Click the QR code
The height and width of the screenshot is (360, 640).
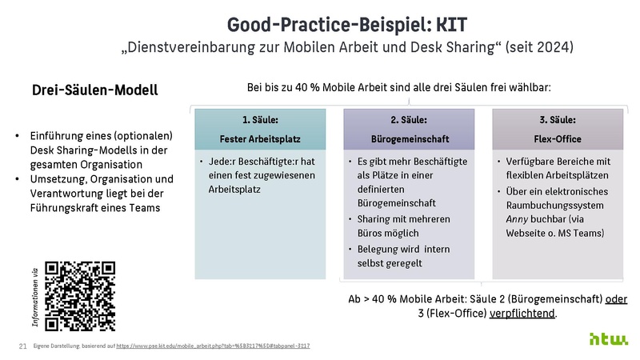(80, 296)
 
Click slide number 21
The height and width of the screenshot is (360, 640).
(22, 346)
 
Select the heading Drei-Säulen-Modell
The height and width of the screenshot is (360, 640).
(94, 90)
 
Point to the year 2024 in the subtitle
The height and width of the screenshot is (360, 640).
(550, 47)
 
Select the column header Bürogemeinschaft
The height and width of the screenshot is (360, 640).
(408, 138)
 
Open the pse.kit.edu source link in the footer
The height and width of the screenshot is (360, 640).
(213, 346)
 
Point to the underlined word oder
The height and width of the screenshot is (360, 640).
(616, 298)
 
